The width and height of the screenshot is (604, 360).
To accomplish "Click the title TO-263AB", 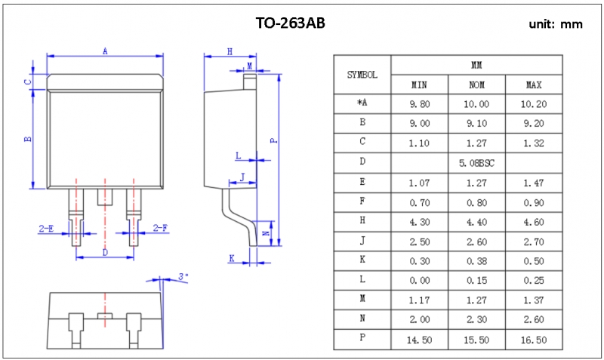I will pyautogui.click(x=291, y=23).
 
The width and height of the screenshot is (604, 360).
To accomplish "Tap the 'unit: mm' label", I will pyautogui.click(x=556, y=24).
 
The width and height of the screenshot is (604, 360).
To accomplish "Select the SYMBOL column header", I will pyautogui.click(x=362, y=75).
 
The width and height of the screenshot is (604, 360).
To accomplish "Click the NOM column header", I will pyautogui.click(x=476, y=85).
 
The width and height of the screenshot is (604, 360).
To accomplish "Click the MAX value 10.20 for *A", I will pyautogui.click(x=534, y=103).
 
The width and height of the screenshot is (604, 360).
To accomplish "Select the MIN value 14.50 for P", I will pyautogui.click(x=420, y=340).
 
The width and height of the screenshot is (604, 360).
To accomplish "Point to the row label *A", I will pyautogui.click(x=362, y=103).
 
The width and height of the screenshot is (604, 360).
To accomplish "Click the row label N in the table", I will pyautogui.click(x=362, y=320).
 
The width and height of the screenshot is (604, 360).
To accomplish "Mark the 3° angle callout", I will pyautogui.click(x=183, y=278).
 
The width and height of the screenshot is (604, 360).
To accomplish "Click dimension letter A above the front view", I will pyautogui.click(x=105, y=51).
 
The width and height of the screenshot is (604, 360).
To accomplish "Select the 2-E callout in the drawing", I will pyautogui.click(x=46, y=227).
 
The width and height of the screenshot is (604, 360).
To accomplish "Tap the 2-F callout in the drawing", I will pyautogui.click(x=160, y=227).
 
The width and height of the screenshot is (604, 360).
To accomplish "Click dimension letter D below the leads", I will pyautogui.click(x=104, y=252).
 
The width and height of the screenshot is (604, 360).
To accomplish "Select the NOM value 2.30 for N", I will pyautogui.click(x=476, y=320).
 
